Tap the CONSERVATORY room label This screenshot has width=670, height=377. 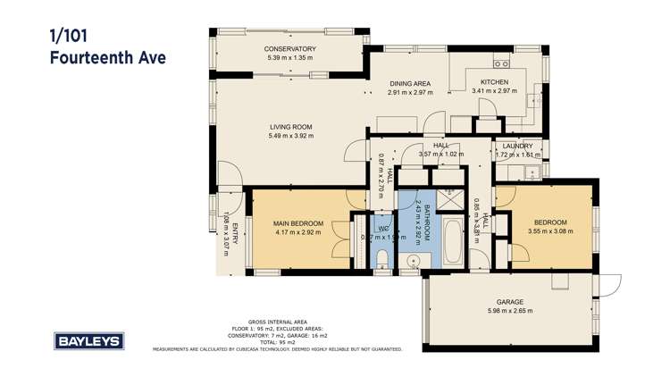pyautogui.click(x=291, y=49)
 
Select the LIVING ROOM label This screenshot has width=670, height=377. pyautogui.click(x=291, y=127)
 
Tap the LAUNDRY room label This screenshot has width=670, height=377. pyautogui.click(x=517, y=146)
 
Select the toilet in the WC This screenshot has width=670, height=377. pyautogui.click(x=381, y=260)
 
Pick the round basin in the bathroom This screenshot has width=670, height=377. pyautogui.click(x=415, y=261)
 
